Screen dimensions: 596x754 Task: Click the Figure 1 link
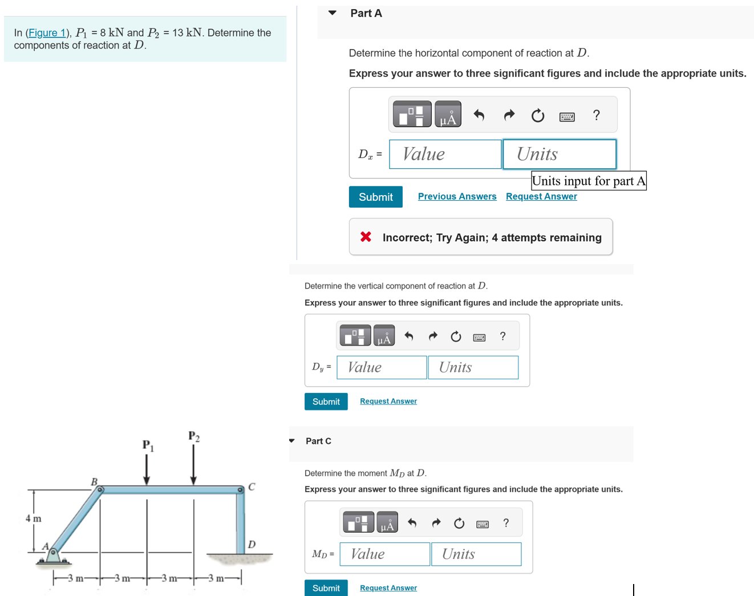47,33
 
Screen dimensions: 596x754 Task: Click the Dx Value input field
445,154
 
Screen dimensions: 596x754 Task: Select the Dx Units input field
559,154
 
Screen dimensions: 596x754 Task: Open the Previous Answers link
457,196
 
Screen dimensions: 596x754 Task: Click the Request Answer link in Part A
541,196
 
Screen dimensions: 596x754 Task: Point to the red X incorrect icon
366,237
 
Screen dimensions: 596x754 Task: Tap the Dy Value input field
382,367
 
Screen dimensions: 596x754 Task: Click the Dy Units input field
473,367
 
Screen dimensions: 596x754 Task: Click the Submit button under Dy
326,402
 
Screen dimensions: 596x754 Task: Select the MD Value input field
384,554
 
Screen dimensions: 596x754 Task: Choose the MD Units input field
476,554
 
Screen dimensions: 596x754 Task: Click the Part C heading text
318,441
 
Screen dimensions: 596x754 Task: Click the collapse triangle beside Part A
333,13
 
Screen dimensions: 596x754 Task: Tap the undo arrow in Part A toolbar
479,115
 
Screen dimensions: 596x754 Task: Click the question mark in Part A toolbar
597,115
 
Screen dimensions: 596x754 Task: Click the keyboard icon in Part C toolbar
483,524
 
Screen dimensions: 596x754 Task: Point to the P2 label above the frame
194,436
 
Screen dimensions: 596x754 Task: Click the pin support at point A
53,554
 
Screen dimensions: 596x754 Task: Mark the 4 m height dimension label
34,518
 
